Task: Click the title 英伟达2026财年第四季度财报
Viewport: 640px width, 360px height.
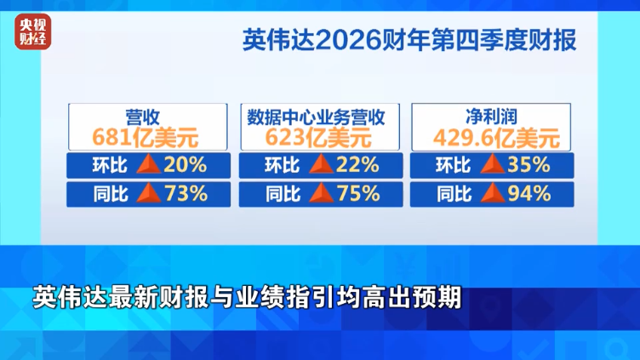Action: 409,40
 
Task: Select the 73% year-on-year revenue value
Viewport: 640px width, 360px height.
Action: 186,194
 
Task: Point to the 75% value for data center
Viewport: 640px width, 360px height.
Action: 357,194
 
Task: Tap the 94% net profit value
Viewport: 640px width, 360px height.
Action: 529,194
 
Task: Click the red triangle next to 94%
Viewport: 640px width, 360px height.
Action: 492,194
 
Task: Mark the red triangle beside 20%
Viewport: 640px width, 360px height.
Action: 149,165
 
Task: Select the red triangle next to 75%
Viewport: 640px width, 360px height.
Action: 321,194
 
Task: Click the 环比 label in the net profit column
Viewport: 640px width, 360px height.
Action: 454,165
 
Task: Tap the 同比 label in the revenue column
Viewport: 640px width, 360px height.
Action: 110,194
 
